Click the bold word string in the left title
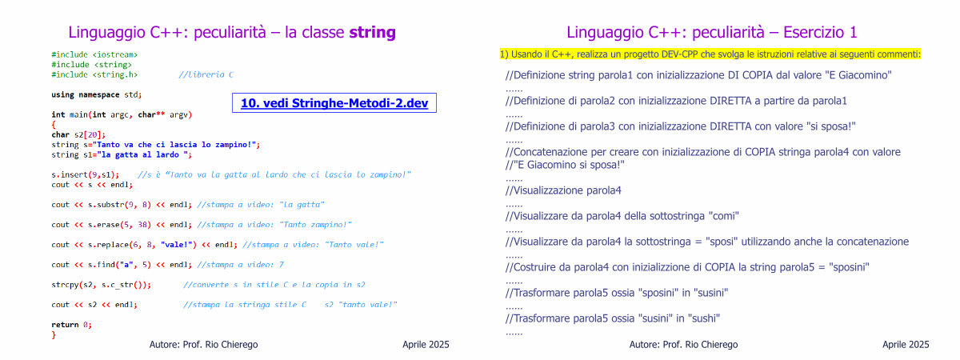pos(372,33)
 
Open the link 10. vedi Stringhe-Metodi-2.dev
pos(334,103)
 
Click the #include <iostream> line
pos(94,55)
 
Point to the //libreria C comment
pos(206,74)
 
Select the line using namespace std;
pos(97,94)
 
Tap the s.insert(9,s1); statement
pos(86,175)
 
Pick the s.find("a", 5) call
pos(119,265)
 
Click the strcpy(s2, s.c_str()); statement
pos(101,285)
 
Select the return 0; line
pos(71,325)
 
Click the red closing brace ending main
pos(54,335)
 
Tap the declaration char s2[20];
pos(78,134)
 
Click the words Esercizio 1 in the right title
pos(820,33)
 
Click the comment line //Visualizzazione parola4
pos(563,190)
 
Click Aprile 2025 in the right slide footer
pos(906,345)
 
